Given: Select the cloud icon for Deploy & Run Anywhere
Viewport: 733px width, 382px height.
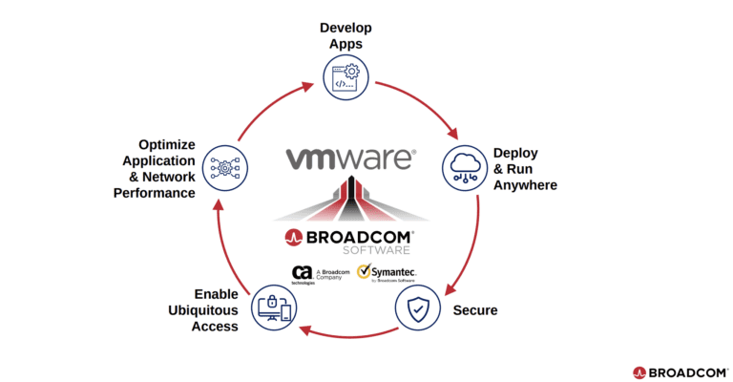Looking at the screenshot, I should pos(465,168).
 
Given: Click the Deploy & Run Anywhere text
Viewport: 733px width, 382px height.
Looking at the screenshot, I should pos(524,168).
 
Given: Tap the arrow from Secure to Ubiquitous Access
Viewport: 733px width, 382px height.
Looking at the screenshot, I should pos(346,333).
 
